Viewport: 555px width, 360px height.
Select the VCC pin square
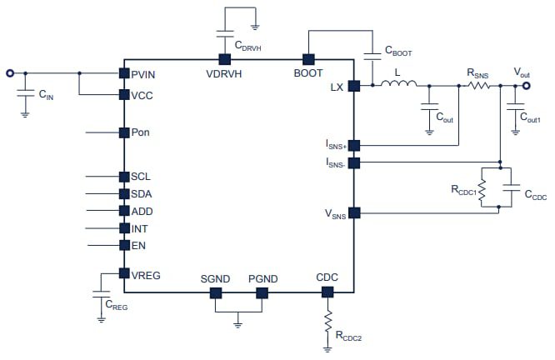(x=123, y=95)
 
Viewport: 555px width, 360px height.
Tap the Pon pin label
(x=141, y=132)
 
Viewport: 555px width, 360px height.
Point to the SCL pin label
(x=141, y=177)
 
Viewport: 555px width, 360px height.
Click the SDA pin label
(x=142, y=194)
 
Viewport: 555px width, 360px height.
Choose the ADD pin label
(x=142, y=212)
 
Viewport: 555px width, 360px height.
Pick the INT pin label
(x=140, y=228)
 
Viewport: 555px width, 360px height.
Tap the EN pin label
(x=138, y=246)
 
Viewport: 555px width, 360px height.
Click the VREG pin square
(x=123, y=274)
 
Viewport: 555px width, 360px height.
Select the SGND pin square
(x=215, y=292)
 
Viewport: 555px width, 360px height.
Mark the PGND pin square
(x=262, y=292)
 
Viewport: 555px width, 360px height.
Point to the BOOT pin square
(x=307, y=59)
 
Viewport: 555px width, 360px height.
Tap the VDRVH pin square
(x=224, y=59)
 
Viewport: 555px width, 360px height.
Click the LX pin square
(x=354, y=85)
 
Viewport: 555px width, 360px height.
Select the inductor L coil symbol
(x=397, y=84)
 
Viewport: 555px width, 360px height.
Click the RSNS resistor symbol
(x=478, y=84)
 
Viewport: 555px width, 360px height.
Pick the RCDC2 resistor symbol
(x=327, y=318)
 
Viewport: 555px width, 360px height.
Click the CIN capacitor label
(x=47, y=95)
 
